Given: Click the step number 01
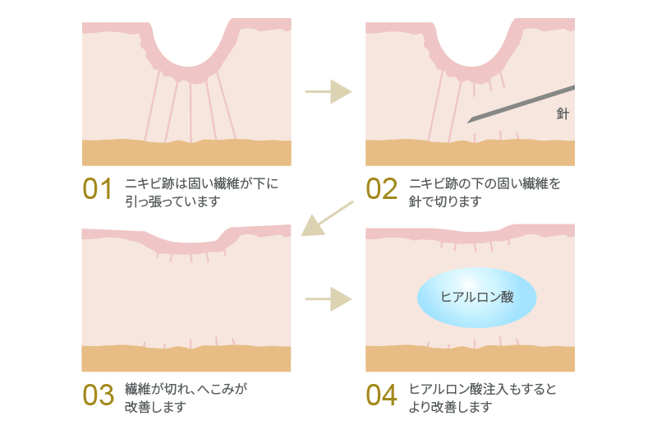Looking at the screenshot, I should pyautogui.click(x=97, y=189).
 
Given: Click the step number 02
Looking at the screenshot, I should pyautogui.click(x=381, y=189).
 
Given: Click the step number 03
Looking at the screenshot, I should pyautogui.click(x=98, y=395).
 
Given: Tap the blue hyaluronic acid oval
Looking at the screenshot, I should pyautogui.click(x=477, y=297).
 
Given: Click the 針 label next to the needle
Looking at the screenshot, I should pyautogui.click(x=562, y=114).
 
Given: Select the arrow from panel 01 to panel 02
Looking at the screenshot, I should pyautogui.click(x=328, y=91).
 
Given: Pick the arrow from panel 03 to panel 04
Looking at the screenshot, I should pyautogui.click(x=328, y=298).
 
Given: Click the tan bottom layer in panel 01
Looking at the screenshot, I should pyautogui.click(x=186, y=154).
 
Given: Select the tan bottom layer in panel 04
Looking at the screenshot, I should pyautogui.click(x=470, y=359).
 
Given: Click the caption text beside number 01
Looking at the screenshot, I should pyautogui.click(x=201, y=190).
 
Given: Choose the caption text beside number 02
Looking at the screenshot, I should pyautogui.click(x=485, y=190).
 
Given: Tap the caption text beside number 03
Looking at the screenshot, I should pyautogui.click(x=185, y=396).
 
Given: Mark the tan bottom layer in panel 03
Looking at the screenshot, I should pyautogui.click(x=186, y=359).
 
